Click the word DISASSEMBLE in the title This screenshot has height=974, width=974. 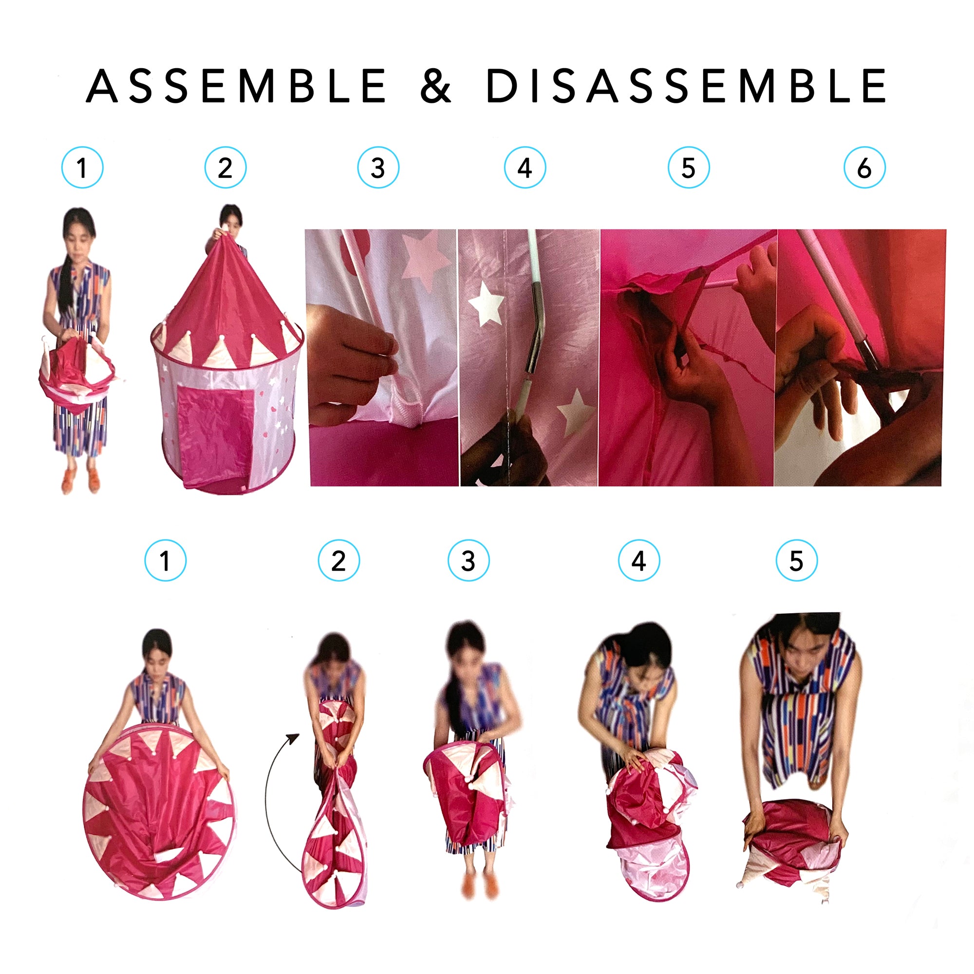(686, 86)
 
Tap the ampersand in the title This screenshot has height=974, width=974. (435, 86)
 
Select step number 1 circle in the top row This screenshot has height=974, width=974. (82, 168)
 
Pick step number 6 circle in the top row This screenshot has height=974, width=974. (864, 168)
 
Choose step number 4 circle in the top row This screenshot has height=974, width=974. (525, 168)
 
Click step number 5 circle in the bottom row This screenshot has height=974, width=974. (797, 560)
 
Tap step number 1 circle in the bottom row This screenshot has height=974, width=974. (166, 560)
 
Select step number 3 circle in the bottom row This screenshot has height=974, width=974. (468, 560)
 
